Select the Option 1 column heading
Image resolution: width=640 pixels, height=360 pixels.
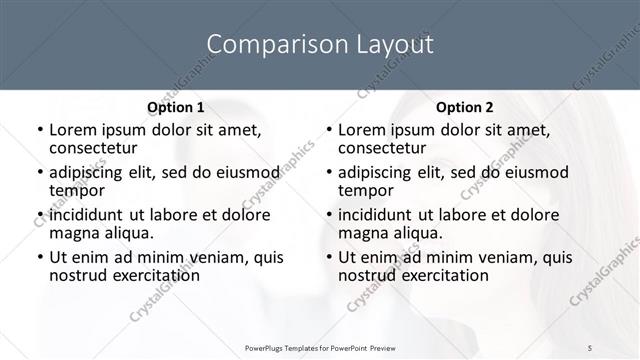click(175, 106)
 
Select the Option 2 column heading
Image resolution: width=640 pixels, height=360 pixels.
click(465, 106)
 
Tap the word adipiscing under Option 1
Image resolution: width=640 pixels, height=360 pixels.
click(92, 172)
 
